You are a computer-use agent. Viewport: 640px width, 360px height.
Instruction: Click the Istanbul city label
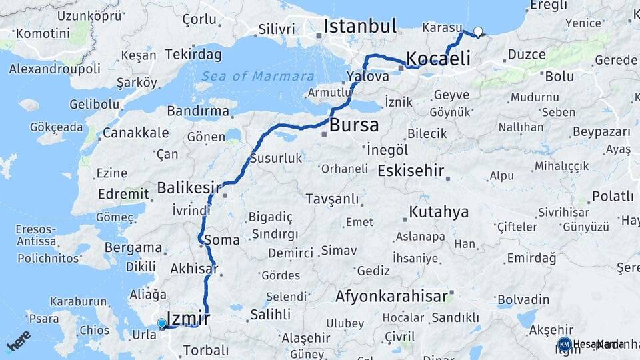pyautogui.click(x=360, y=27)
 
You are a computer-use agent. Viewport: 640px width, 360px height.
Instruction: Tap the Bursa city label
pyautogui.click(x=354, y=125)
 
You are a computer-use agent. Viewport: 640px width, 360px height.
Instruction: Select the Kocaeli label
pyautogui.click(x=438, y=58)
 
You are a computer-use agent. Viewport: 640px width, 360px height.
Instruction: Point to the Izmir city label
pyautogui.click(x=187, y=318)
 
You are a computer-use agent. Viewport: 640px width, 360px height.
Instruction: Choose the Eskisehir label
pyautogui.click(x=411, y=171)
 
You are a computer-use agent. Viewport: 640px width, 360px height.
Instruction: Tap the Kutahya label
pyautogui.click(x=439, y=213)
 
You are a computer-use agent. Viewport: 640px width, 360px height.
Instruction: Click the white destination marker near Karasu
pyautogui.click(x=478, y=31)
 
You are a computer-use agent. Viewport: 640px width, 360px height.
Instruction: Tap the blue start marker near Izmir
pyautogui.click(x=161, y=324)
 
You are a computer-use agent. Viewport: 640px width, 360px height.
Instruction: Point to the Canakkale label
pyautogui.click(x=135, y=133)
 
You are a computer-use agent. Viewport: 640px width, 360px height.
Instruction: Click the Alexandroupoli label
pyautogui.click(x=55, y=69)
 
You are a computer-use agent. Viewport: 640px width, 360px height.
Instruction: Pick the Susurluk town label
pyautogui.click(x=276, y=159)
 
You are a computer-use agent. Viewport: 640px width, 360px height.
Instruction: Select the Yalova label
pyautogui.click(x=367, y=77)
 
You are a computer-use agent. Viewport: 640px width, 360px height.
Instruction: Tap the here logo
pyautogui.click(x=18, y=340)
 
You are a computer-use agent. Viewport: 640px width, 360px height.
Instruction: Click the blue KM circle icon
pyautogui.click(x=564, y=345)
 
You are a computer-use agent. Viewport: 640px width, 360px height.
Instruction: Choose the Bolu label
pyautogui.click(x=559, y=76)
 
